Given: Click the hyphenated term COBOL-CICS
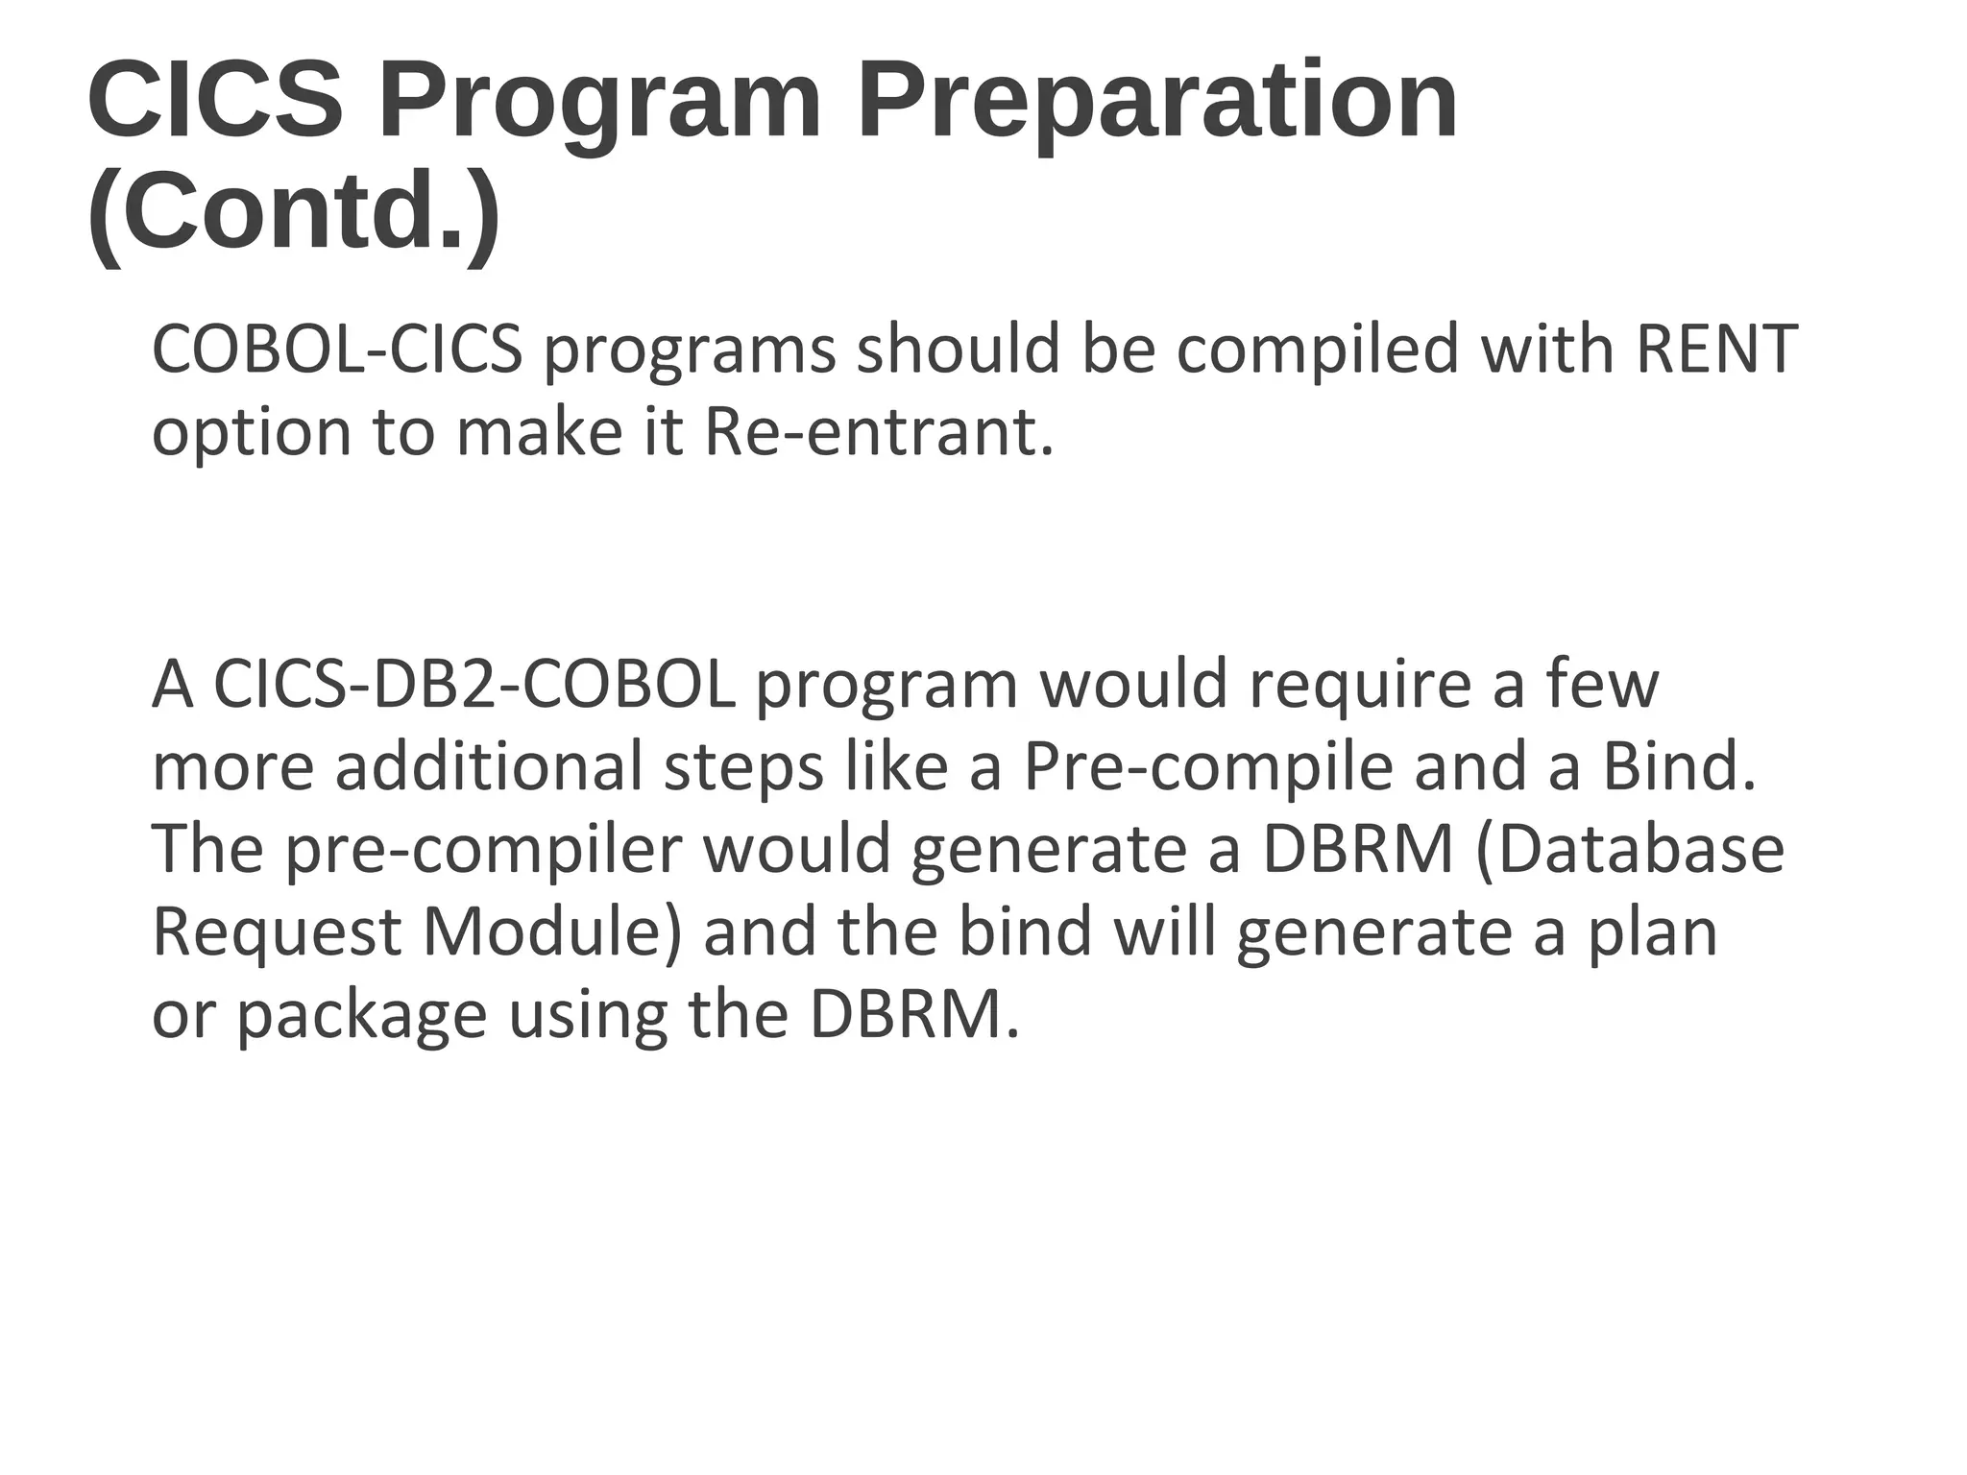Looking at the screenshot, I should coord(337,349).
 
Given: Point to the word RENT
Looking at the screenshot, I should coord(1715,349).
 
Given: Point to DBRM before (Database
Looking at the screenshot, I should coord(1357,849).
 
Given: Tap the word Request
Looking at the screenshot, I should coord(277,933).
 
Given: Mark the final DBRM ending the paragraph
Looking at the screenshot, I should coord(913,1015).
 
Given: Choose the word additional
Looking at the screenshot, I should coord(489,767).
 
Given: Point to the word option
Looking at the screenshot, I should coord(252,434).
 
